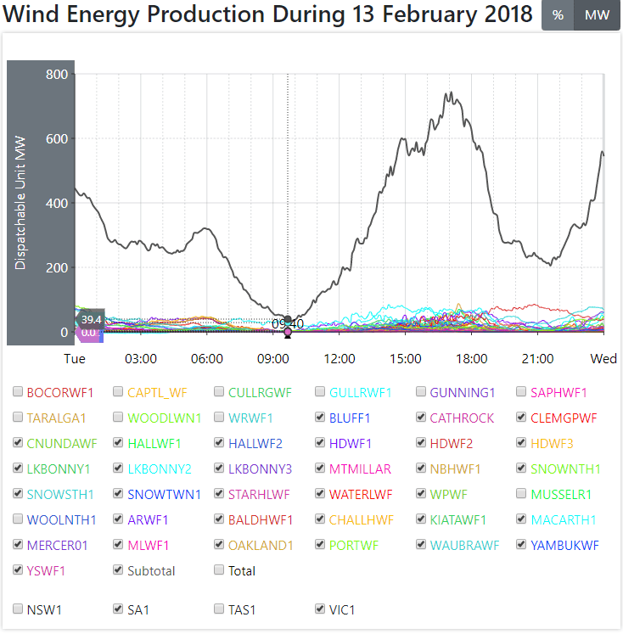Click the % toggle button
click(558, 15)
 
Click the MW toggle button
click(597, 15)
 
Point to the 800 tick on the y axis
click(56, 75)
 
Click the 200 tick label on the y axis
click(56, 268)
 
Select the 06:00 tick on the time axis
click(207, 359)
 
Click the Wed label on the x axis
click(603, 359)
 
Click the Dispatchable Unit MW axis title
click(21, 204)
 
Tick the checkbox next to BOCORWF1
click(18, 392)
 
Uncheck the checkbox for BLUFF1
click(320, 418)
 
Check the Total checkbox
click(220, 570)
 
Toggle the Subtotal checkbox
click(119, 570)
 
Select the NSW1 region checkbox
click(18, 609)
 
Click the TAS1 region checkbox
click(220, 609)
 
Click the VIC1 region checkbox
click(320, 609)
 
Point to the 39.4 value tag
click(90, 319)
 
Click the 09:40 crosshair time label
click(288, 323)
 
